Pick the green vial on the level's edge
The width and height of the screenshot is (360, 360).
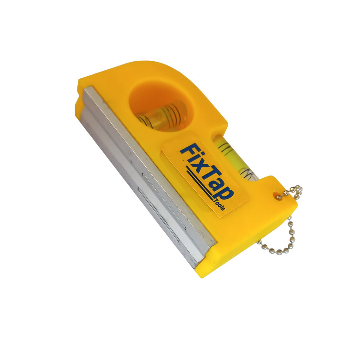[x=234, y=158]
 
